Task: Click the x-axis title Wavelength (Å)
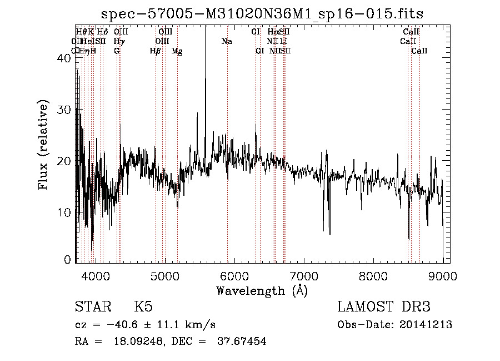pos(261,290)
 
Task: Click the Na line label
pos(227,42)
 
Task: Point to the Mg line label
pos(177,51)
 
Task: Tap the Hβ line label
pos(156,51)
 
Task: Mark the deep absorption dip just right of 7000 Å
pos(329,233)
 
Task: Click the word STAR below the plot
pos(92,307)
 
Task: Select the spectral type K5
pos(143,307)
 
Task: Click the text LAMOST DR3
pos(384,307)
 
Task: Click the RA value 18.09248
pos(132,342)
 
